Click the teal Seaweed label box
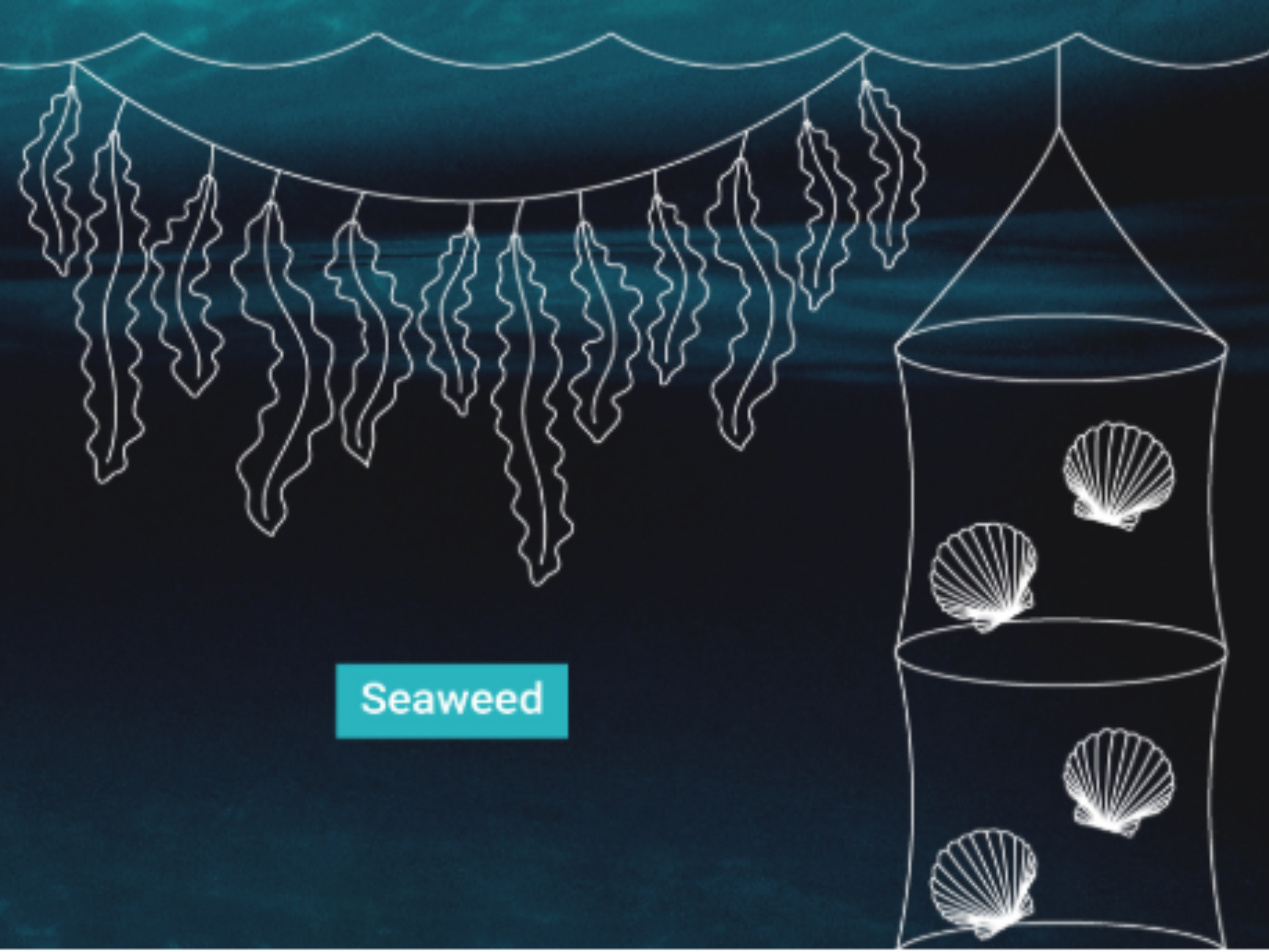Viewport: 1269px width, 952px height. (x=452, y=701)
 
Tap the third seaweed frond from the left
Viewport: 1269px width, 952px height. (x=189, y=287)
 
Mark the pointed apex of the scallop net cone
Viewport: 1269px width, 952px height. (x=1059, y=131)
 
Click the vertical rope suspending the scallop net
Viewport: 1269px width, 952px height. (x=1059, y=86)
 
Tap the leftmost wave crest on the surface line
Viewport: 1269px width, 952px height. (x=142, y=34)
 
